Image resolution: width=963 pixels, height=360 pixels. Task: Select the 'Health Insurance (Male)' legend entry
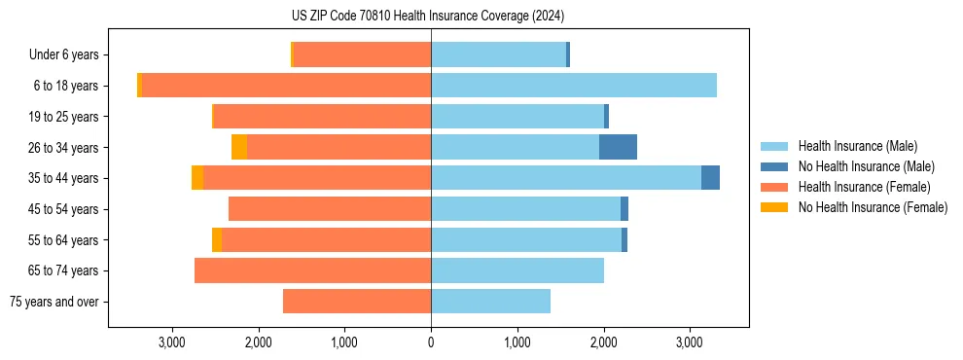(x=857, y=146)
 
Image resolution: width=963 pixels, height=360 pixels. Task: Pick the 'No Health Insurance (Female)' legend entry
(x=873, y=207)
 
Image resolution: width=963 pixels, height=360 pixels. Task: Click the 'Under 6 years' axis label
(x=63, y=55)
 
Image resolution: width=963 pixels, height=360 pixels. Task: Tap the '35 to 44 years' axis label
(x=65, y=178)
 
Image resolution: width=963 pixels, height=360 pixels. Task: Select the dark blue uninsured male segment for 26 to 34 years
(x=618, y=147)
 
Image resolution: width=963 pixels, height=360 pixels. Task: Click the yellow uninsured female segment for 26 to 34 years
(x=239, y=147)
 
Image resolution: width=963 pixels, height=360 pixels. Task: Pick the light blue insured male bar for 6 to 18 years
(x=574, y=86)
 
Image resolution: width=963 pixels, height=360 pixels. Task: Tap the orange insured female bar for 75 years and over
(x=357, y=302)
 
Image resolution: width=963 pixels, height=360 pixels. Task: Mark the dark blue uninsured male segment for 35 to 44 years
(x=710, y=178)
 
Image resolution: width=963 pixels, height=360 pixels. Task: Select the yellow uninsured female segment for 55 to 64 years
(x=217, y=239)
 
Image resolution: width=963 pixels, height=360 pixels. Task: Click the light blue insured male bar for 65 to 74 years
(x=517, y=270)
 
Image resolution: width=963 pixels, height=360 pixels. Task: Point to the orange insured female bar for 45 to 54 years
(x=330, y=209)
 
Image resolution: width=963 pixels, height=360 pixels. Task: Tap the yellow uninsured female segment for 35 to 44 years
(x=197, y=178)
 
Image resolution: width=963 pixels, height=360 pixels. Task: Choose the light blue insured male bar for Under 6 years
(x=498, y=55)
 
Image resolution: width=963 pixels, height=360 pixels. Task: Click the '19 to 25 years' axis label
(x=65, y=117)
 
